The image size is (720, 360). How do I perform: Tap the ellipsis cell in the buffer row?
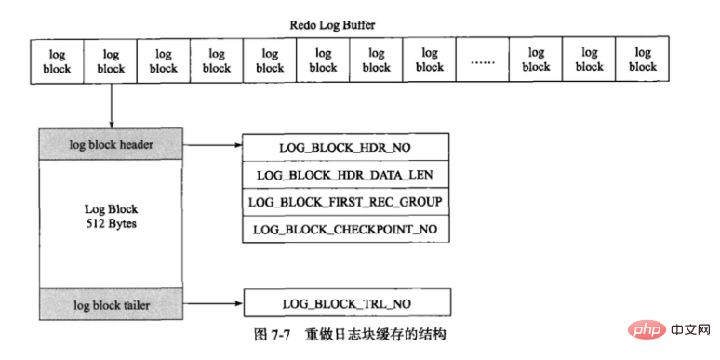(x=483, y=61)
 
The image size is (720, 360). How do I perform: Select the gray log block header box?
(x=112, y=146)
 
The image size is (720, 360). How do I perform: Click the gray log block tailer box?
(x=112, y=304)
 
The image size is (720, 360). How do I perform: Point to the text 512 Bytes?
(x=111, y=224)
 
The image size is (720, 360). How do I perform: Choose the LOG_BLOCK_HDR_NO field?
(x=345, y=147)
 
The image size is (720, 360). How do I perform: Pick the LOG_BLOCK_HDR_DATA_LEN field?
(x=345, y=174)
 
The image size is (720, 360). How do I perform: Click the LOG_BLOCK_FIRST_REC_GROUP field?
(x=345, y=202)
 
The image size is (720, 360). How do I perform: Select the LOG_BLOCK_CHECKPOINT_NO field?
(x=345, y=229)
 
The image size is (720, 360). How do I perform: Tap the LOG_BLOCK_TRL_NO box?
(x=345, y=304)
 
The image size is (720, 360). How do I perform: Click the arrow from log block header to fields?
(x=212, y=146)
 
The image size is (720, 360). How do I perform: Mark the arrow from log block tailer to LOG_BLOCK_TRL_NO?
(x=212, y=304)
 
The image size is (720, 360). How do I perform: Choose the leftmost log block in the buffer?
(x=58, y=60)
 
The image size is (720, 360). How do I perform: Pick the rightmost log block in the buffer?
(x=642, y=60)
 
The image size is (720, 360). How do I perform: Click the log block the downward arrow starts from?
(x=111, y=60)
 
